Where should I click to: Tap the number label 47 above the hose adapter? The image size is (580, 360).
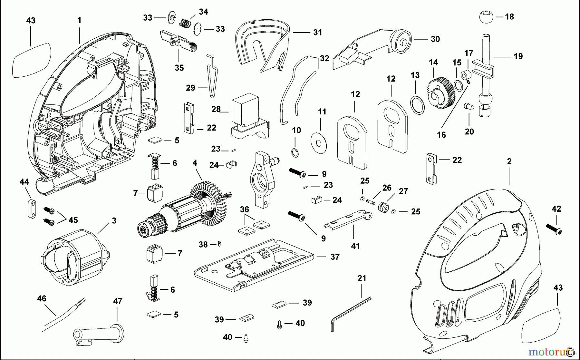pos(118,301)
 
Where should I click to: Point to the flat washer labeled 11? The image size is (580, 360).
pos(319,142)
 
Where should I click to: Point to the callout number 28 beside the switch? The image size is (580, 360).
pos(216,109)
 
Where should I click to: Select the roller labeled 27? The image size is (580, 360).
pos(383,207)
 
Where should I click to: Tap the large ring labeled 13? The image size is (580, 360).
pos(417,104)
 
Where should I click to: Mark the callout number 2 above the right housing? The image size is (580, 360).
pos(509,161)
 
